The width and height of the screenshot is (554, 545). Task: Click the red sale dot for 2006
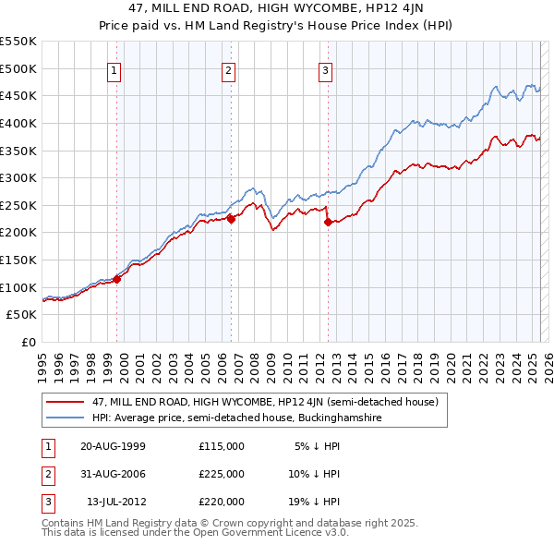point(232,218)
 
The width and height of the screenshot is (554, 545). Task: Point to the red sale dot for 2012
point(328,221)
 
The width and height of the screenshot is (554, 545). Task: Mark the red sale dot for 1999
point(117,278)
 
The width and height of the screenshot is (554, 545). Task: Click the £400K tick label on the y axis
point(18,123)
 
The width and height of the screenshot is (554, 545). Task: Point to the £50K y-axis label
point(21,315)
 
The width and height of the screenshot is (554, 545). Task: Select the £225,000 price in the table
point(222,474)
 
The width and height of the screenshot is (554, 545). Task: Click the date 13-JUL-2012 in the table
point(115,502)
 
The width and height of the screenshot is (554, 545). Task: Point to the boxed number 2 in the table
point(45,474)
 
